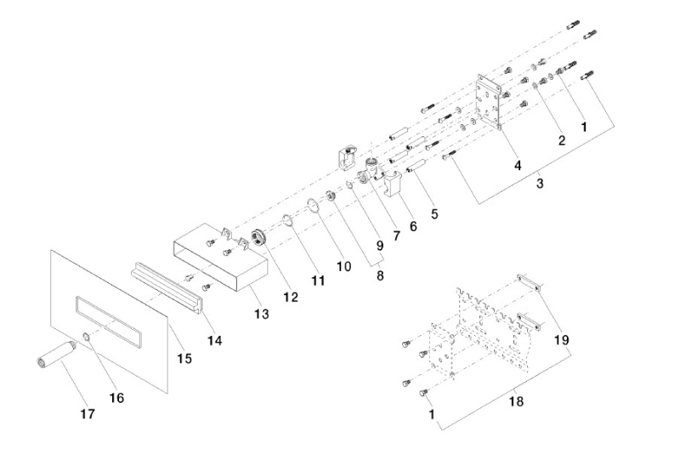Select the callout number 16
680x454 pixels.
pyautogui.click(x=116, y=397)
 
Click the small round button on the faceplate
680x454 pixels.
pyautogui.click(x=86, y=340)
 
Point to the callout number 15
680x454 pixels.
pyautogui.click(x=184, y=359)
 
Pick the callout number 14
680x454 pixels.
pyautogui.click(x=216, y=340)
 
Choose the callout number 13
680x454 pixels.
pyautogui.click(x=260, y=314)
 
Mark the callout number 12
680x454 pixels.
pyautogui.click(x=291, y=297)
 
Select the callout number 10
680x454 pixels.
pyautogui.click(x=343, y=265)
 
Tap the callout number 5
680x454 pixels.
pyautogui.click(x=434, y=213)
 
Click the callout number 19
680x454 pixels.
pyautogui.click(x=560, y=339)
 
